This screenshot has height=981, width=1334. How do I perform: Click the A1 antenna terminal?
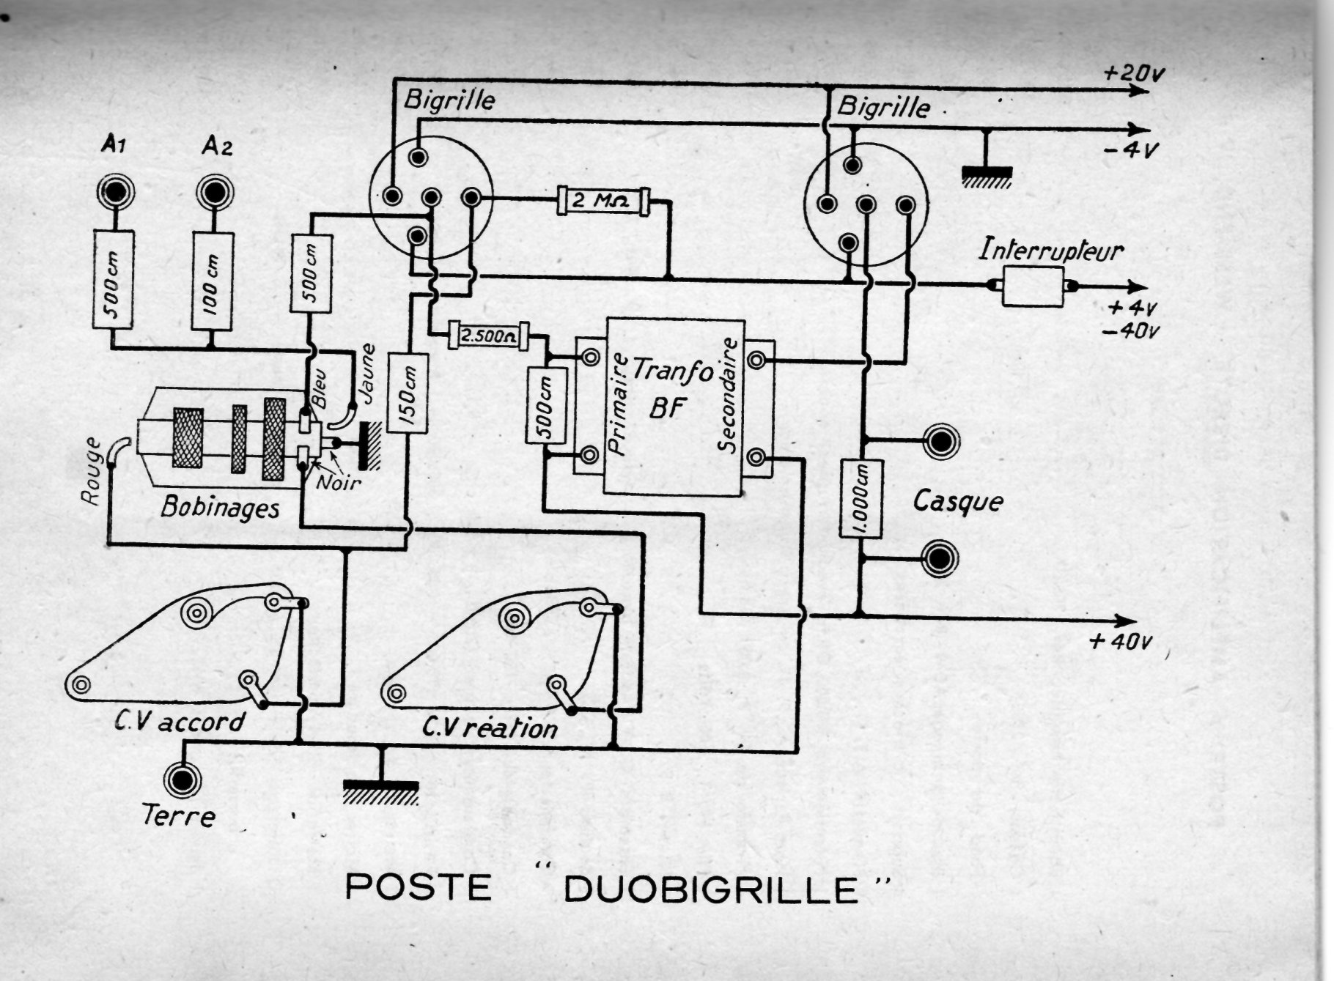115,192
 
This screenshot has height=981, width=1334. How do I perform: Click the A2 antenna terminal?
215,193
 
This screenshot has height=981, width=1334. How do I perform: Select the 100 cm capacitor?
213,281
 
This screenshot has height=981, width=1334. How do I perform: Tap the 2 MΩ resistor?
603,199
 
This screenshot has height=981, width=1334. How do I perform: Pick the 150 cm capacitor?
408,393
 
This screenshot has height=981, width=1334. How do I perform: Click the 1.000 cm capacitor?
861,498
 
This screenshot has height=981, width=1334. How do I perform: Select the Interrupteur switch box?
1032,286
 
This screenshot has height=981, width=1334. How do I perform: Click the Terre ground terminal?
181,781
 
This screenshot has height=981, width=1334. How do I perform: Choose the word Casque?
957,502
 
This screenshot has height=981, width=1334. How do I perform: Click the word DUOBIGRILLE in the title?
710,889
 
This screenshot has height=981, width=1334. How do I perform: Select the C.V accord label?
180,722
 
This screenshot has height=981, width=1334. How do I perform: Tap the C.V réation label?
490,728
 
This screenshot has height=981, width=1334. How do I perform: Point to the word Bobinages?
220,507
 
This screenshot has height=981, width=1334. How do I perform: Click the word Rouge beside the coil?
91,472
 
